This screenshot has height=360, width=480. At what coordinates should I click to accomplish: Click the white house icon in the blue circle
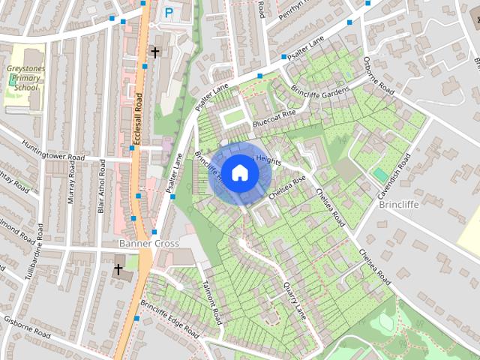[x=239, y=172]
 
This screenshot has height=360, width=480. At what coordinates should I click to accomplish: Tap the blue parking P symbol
[x=169, y=13]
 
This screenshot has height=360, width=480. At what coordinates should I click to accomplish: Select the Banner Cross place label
[x=149, y=244]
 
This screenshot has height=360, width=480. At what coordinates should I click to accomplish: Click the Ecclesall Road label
[x=137, y=116]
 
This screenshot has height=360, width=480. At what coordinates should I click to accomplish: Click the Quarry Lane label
[x=295, y=298]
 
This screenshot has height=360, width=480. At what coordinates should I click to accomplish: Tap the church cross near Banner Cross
[x=118, y=268]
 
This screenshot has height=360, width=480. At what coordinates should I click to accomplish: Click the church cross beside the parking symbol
[x=155, y=52]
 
